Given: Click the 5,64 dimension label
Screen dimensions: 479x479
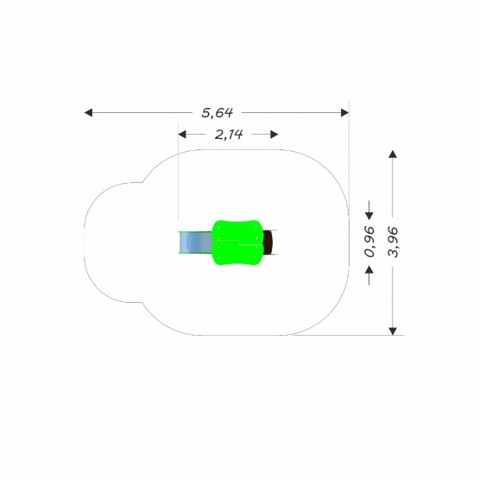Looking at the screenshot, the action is (x=217, y=113).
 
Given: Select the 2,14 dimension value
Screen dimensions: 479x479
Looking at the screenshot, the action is (x=229, y=135).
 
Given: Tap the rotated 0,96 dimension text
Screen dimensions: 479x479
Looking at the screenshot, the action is (x=369, y=242).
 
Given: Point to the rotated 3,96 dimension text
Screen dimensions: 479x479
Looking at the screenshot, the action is (x=393, y=242).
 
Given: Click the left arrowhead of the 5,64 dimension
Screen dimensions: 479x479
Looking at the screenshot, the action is (x=88, y=113).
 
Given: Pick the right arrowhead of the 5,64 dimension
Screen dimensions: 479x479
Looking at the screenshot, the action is (x=345, y=113).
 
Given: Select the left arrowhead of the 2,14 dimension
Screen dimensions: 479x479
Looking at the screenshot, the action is (x=182, y=135).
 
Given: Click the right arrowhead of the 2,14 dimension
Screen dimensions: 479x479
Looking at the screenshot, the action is (x=274, y=135).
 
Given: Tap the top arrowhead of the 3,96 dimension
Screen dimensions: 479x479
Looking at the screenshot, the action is (x=393, y=154).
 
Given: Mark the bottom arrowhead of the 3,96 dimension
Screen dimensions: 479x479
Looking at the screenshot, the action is (x=393, y=331).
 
